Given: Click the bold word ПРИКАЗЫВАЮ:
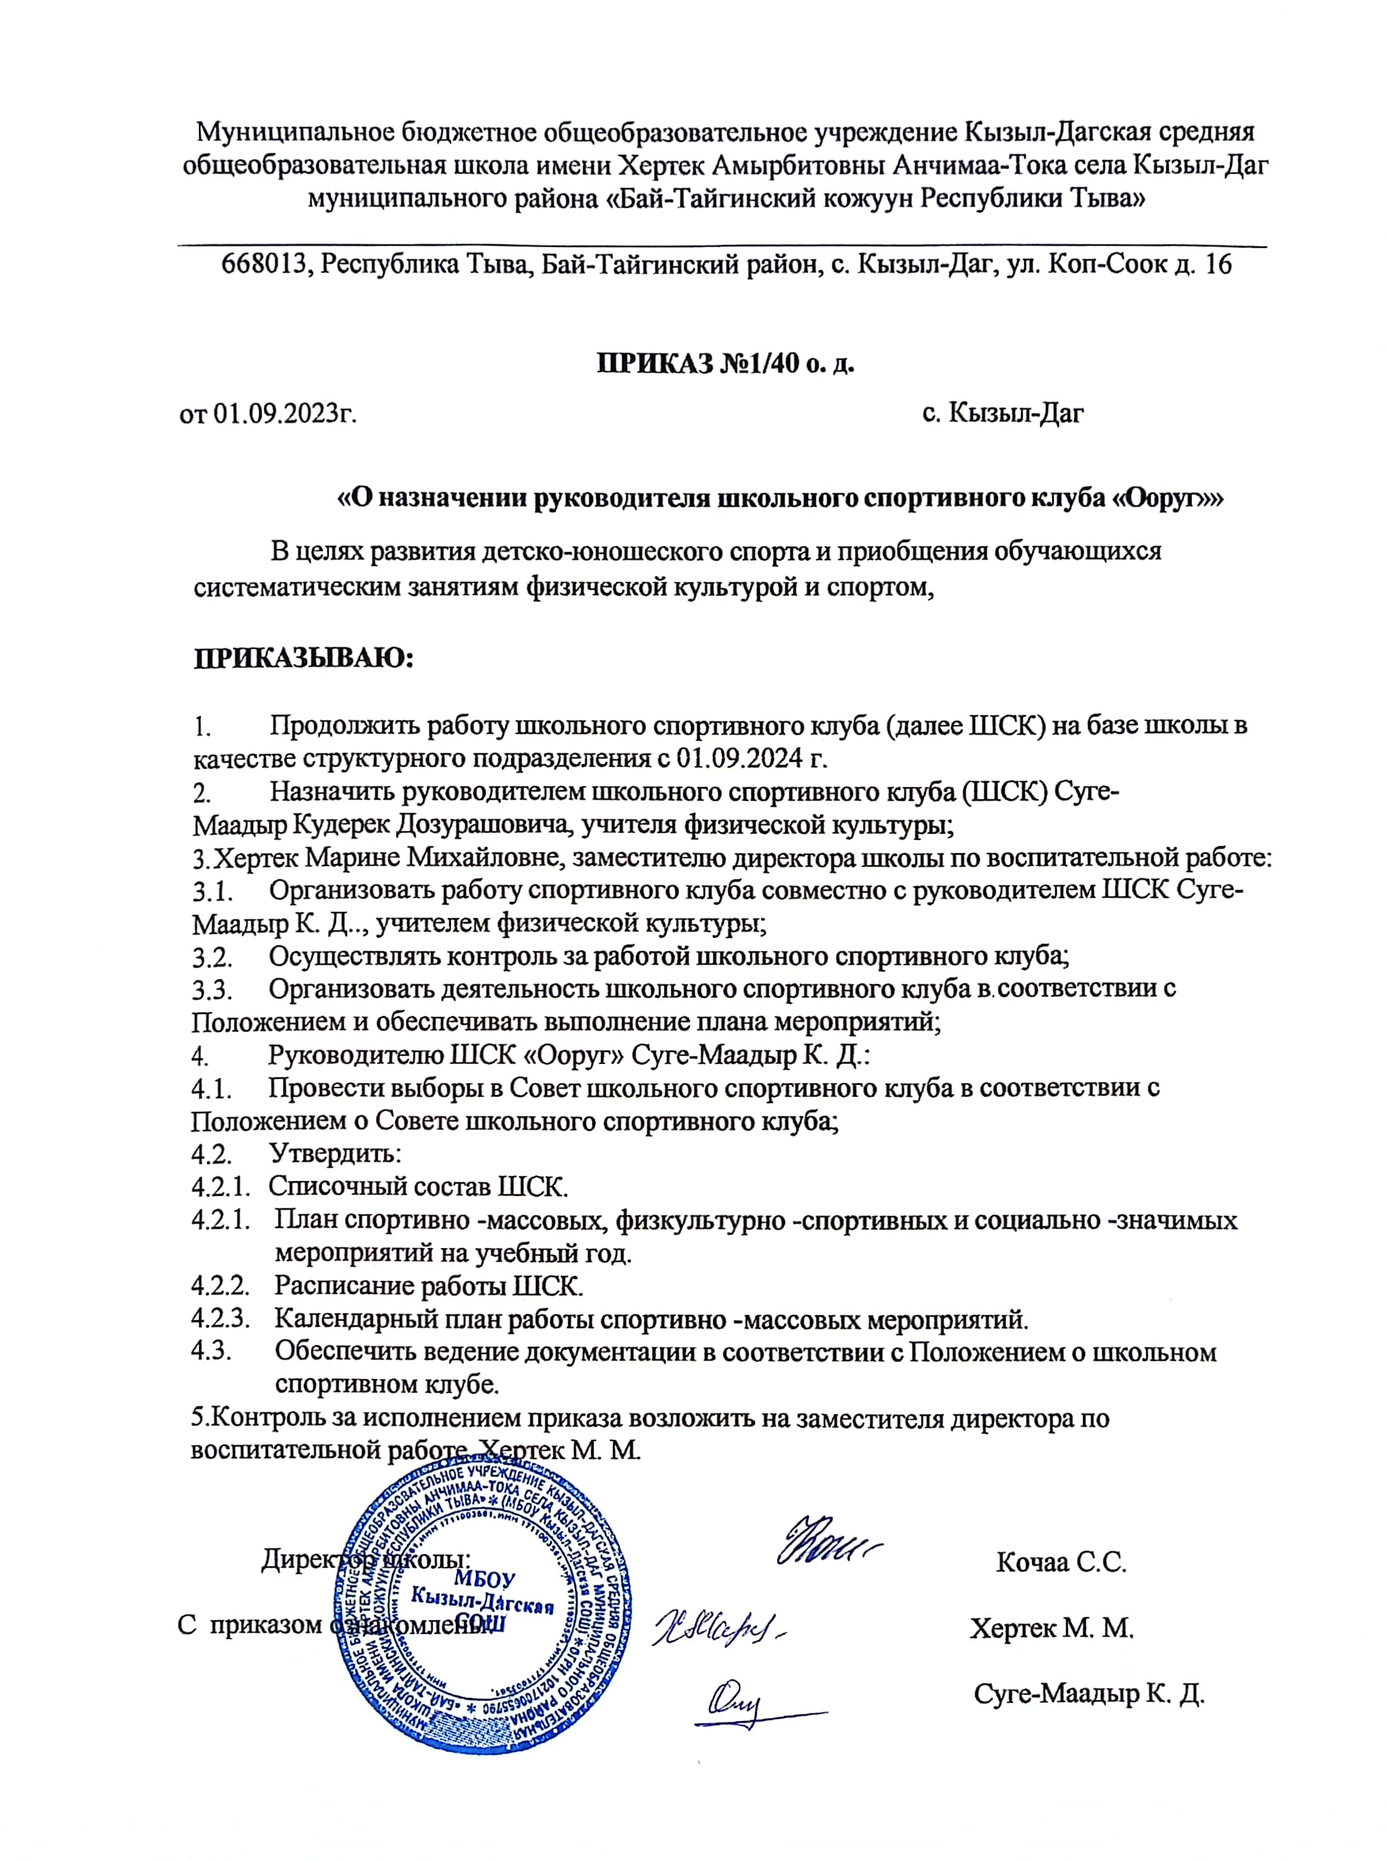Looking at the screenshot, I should (x=305, y=658).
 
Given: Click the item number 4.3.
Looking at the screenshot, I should (x=211, y=1352).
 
